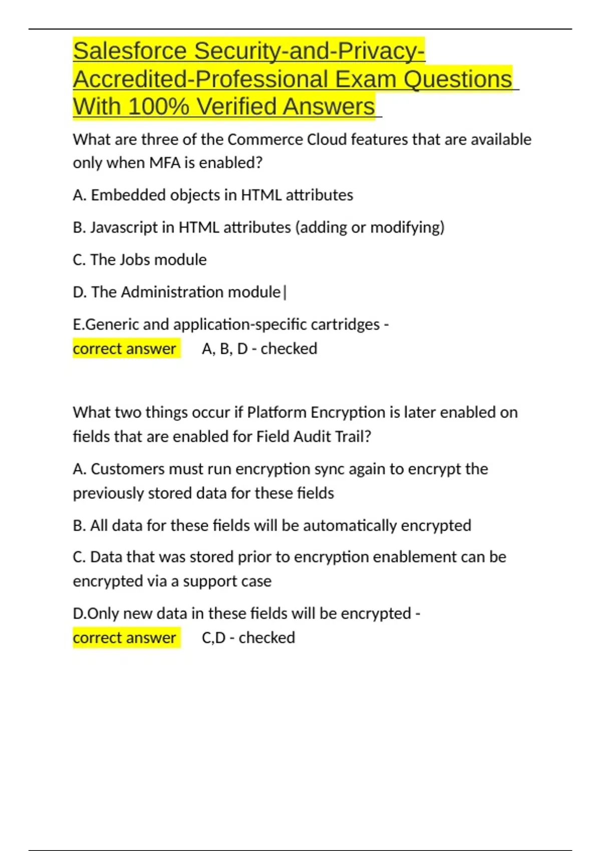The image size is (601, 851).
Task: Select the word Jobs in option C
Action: coord(139,260)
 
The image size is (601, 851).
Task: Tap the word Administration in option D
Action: coord(173,292)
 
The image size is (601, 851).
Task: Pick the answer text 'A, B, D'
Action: coord(225,349)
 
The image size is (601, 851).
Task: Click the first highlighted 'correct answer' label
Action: coord(125,349)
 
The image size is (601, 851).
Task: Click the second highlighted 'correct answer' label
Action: coord(125,638)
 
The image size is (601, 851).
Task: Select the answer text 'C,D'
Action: coord(213,638)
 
